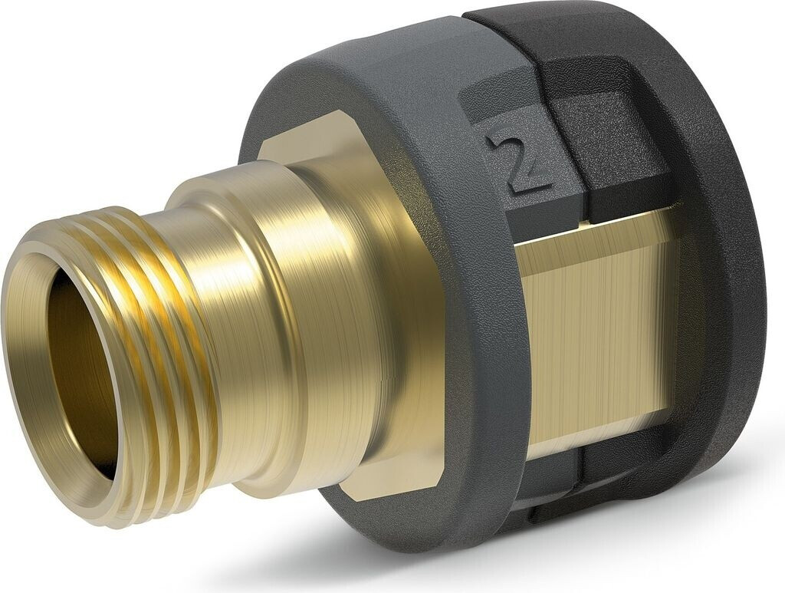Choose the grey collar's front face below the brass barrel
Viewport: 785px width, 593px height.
tap(399, 522)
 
